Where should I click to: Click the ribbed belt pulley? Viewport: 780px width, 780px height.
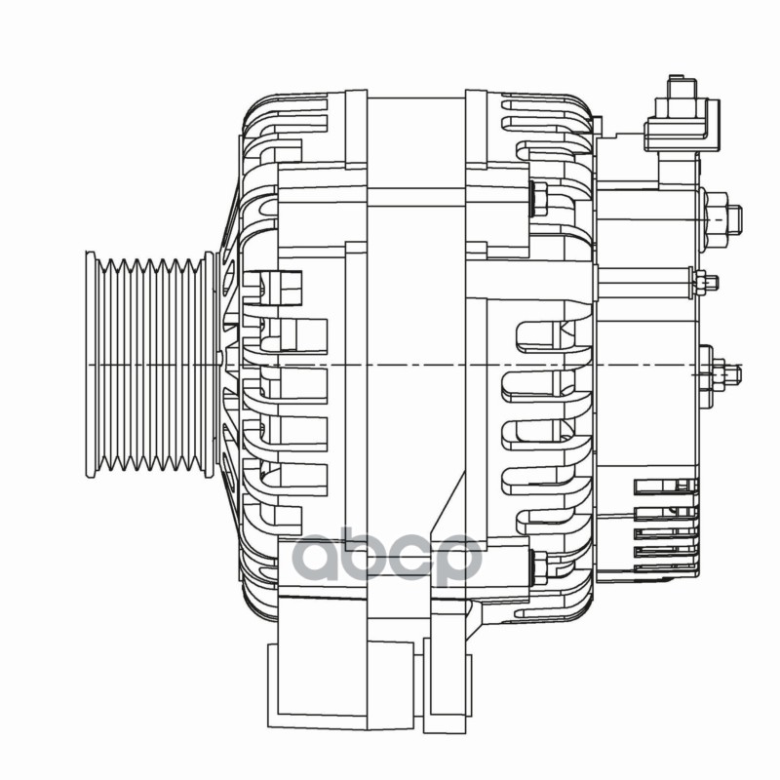pos(150,365)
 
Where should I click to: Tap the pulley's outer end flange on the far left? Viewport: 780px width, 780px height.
pos(91,365)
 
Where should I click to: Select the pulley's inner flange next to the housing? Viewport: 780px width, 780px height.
pos(210,365)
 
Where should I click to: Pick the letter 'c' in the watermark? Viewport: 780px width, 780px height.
pos(414,559)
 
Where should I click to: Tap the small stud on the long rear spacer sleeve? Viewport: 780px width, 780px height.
pos(704,282)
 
